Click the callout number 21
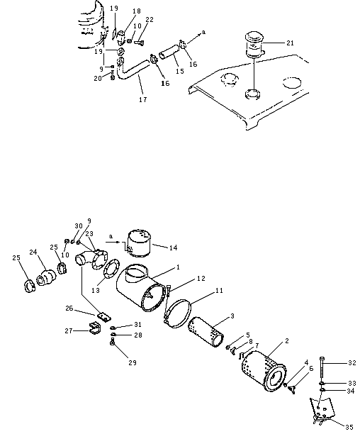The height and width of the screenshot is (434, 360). coord(290,43)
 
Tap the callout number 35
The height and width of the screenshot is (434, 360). coord(349,427)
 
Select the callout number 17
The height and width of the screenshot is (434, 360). coord(143,100)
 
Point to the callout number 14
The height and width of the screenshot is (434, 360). coord(174,247)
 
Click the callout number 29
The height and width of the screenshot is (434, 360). coord(133,362)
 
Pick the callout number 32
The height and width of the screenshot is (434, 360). coord(352,362)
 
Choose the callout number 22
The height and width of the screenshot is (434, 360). coord(150,20)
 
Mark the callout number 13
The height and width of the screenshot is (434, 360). coord(96,290)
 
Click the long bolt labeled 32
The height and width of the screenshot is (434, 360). coord(322,369)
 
